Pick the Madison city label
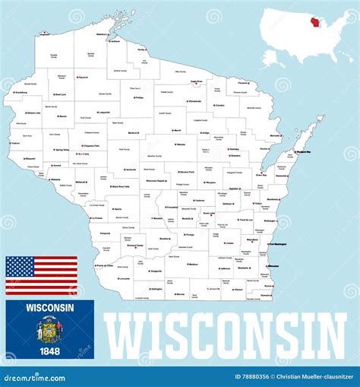click(x=193, y=265)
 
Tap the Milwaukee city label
click(x=273, y=266)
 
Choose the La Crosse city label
click(x=96, y=219)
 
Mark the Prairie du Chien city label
click(x=106, y=266)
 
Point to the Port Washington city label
click(x=277, y=244)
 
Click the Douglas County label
click(x=53, y=56)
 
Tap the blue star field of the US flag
click(x=20, y=266)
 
